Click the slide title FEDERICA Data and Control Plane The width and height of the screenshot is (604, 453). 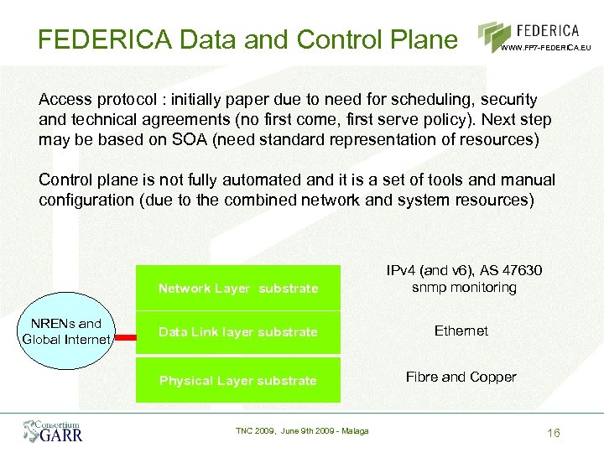(x=247, y=39)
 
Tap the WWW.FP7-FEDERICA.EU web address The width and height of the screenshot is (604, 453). (x=546, y=48)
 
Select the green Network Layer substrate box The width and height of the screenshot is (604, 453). (x=238, y=288)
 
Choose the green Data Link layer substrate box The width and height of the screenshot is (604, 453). (x=238, y=332)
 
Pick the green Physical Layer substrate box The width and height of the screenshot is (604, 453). (x=238, y=380)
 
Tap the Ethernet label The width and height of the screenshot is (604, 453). (x=461, y=331)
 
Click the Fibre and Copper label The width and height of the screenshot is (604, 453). (x=461, y=377)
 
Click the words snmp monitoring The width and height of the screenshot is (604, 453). (x=464, y=288)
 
